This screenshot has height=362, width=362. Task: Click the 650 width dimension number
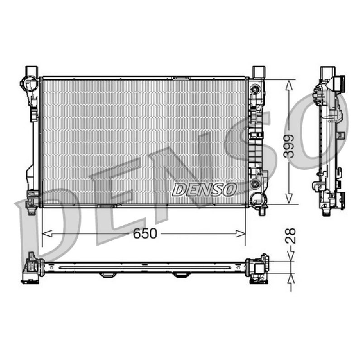145,233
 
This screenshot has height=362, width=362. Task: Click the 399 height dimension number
289,146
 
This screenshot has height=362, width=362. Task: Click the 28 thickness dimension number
291,236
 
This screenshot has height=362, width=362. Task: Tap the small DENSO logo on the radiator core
205,189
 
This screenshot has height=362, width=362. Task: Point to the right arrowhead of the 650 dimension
241,233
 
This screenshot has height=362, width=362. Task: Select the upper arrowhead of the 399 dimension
289,85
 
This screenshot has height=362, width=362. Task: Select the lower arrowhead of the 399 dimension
289,199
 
